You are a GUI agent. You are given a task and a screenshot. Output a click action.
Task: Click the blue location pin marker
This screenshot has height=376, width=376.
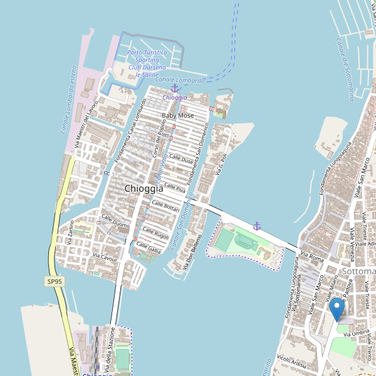(x=337, y=309)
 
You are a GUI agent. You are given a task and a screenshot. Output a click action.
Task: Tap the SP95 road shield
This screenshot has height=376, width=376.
(x=55, y=282)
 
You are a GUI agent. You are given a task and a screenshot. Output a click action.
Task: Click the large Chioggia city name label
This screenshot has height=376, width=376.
(x=144, y=188)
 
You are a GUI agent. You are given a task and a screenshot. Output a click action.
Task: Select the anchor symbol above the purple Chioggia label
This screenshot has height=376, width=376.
(x=174, y=88)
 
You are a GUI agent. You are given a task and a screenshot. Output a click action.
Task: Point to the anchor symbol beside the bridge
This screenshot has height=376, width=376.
(x=256, y=226)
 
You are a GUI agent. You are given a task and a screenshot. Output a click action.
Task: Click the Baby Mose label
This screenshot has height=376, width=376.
(x=177, y=116)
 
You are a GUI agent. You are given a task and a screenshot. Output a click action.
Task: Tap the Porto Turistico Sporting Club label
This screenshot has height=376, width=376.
(x=147, y=63)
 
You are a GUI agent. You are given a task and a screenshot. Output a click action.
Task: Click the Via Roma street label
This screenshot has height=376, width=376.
(x=311, y=255)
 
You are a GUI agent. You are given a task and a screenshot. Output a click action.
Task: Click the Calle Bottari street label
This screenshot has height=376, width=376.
(x=165, y=206)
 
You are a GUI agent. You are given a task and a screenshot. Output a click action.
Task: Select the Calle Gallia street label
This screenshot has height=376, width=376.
(x=149, y=248)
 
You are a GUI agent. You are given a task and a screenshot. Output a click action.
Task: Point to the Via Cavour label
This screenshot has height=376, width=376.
(x=105, y=257)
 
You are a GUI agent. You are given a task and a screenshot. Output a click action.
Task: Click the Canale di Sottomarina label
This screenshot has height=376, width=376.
(x=344, y=69)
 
